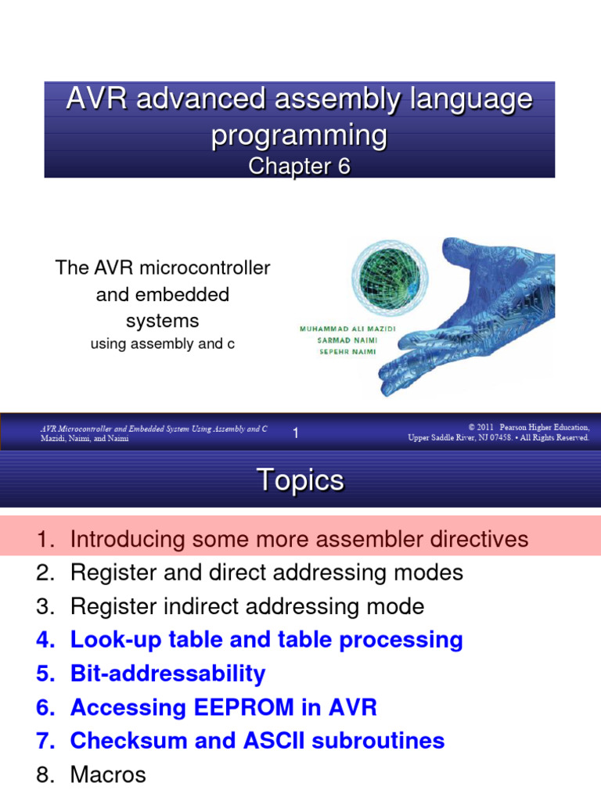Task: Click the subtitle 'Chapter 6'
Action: (x=299, y=167)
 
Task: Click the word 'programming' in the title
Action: (x=299, y=135)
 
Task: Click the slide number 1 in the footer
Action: (x=296, y=433)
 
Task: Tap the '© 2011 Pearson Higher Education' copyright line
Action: (x=529, y=428)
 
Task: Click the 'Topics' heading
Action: (x=300, y=480)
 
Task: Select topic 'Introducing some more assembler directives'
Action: (x=299, y=539)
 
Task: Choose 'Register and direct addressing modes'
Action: (x=266, y=573)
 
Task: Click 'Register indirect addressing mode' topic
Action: (x=247, y=606)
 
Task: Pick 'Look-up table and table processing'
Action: (x=266, y=640)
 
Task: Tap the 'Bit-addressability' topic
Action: (x=167, y=673)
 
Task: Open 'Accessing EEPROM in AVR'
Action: (x=223, y=708)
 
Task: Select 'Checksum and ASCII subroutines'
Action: (x=257, y=741)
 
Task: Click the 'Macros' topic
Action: (x=108, y=775)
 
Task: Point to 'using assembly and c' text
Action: (x=162, y=343)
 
